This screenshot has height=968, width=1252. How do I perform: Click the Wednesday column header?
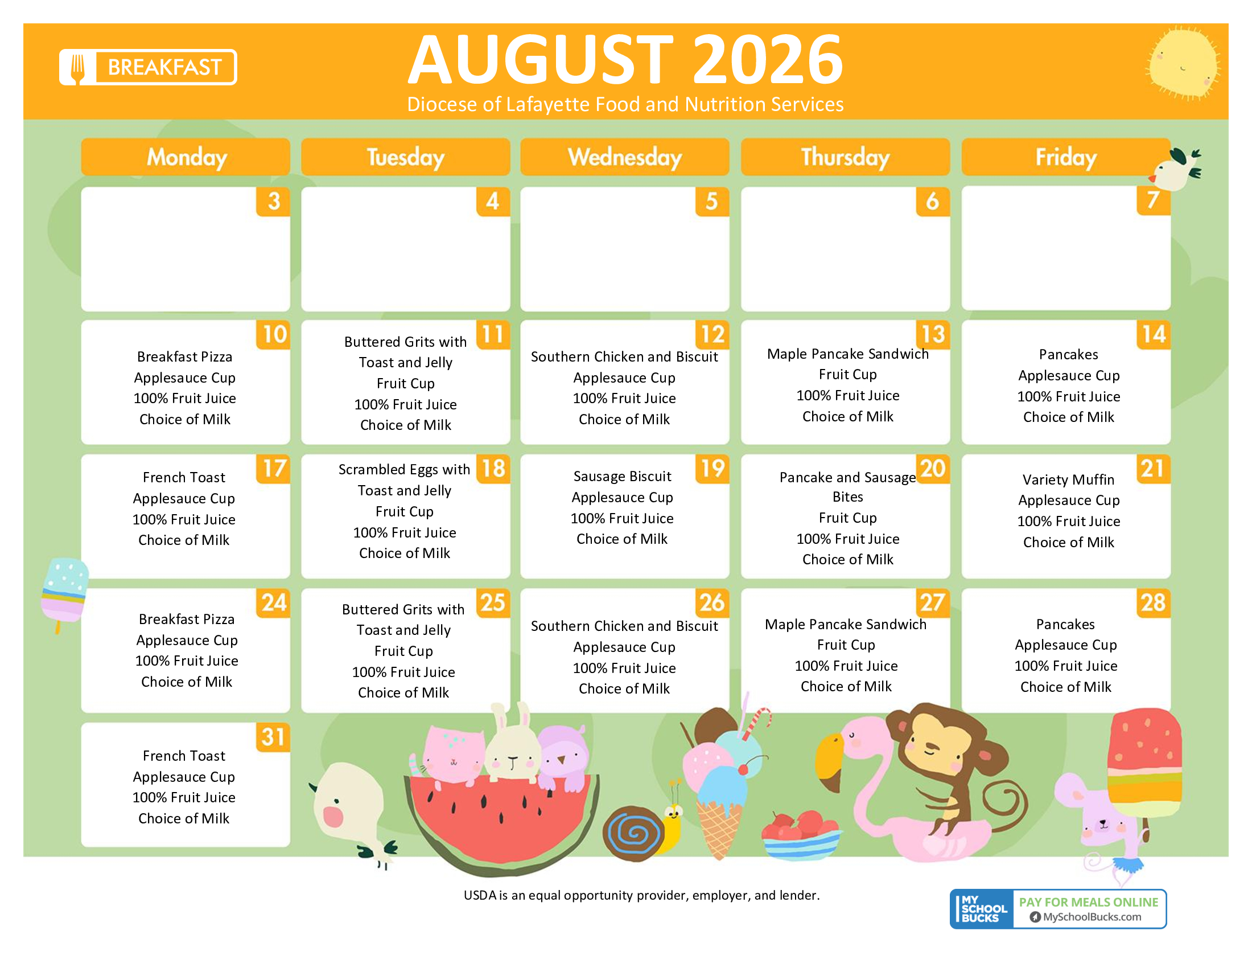click(624, 157)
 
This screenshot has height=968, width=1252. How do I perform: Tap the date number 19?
click(713, 469)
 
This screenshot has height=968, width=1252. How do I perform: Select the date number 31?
click(273, 737)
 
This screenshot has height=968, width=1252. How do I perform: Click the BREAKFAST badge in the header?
click(148, 67)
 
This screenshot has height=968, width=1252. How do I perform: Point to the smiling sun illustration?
click(1183, 63)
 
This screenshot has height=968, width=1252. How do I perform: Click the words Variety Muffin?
click(1068, 479)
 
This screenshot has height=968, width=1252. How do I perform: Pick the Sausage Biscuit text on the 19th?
click(622, 476)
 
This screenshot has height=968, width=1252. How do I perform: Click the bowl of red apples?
click(802, 835)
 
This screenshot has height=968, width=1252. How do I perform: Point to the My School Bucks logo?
click(982, 908)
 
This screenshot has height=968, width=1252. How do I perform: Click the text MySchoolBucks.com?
click(1092, 916)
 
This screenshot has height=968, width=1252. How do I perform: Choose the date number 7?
click(1153, 200)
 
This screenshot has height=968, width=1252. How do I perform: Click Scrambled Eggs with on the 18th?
click(403, 469)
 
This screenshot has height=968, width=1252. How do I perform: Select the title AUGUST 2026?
click(625, 59)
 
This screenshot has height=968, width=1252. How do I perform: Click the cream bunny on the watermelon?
click(513, 745)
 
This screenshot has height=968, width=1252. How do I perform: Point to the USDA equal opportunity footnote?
click(641, 895)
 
